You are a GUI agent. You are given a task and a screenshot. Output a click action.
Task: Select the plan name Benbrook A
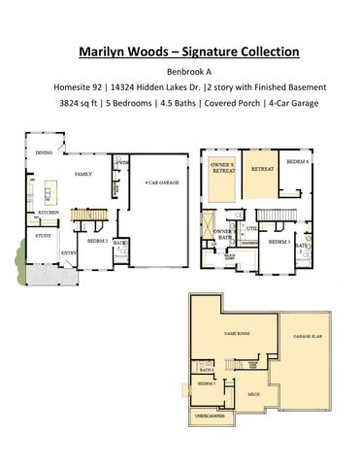click(x=180, y=71)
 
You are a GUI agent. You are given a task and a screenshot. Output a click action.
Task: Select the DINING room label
click(x=44, y=152)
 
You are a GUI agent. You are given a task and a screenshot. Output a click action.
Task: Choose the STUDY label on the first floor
click(x=44, y=235)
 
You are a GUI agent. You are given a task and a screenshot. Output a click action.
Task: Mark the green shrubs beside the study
click(x=20, y=260)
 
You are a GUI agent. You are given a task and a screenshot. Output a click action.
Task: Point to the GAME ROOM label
click(x=237, y=331)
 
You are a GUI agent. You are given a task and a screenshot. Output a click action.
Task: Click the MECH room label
click(x=252, y=394)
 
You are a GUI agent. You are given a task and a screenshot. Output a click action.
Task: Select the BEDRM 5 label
click(x=206, y=383)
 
